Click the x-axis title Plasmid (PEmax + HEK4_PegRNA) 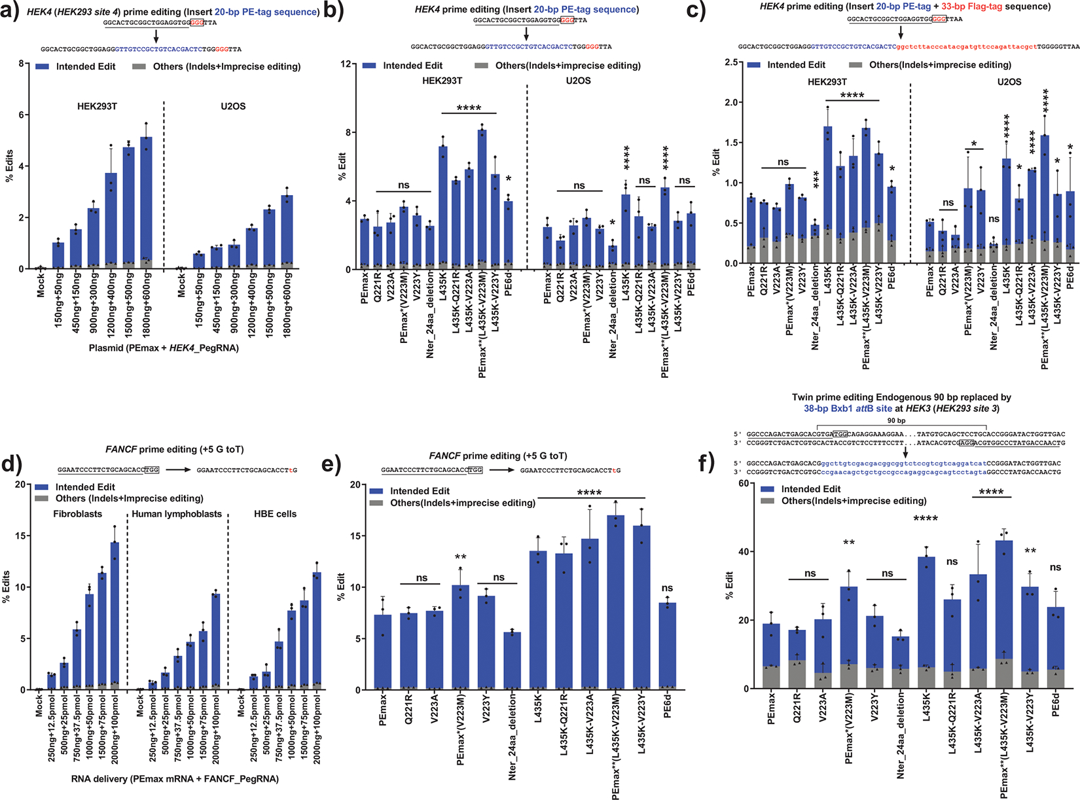tap(164, 348)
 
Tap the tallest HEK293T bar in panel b tap(482, 200)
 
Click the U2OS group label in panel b tap(578, 81)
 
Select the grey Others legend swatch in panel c tap(856, 65)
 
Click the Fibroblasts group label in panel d tap(78, 514)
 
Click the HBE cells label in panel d tap(275, 514)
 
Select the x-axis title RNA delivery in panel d tap(175, 779)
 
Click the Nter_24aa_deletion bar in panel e tap(512, 661)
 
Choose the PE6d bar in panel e tap(667, 647)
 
